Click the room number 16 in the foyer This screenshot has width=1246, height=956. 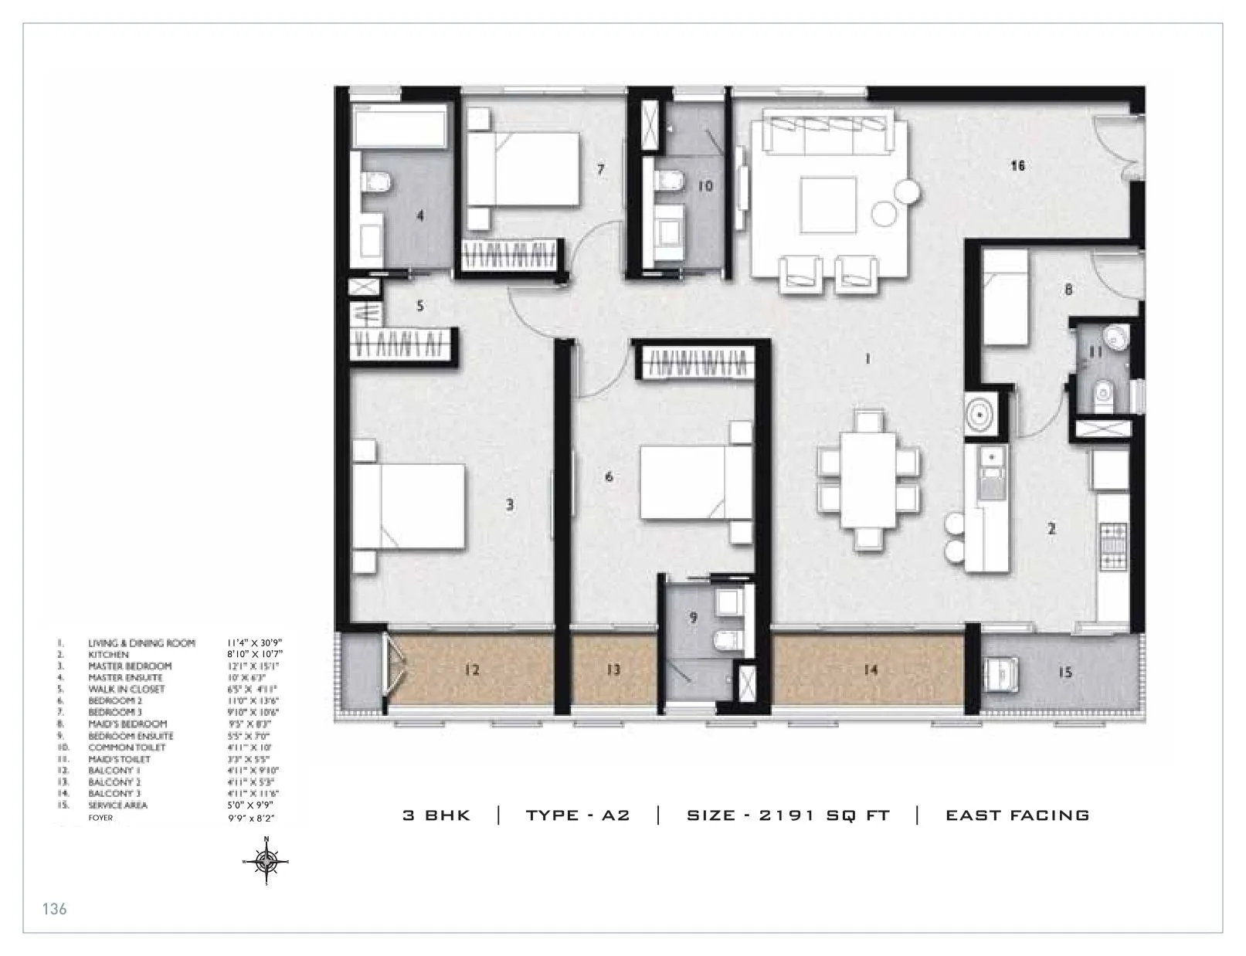pyautogui.click(x=1017, y=165)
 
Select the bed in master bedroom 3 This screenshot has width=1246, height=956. pyautogui.click(x=409, y=506)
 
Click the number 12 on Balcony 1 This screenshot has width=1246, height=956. pyautogui.click(x=472, y=670)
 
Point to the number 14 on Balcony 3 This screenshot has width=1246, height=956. pyautogui.click(x=870, y=670)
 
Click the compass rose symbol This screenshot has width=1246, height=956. pyautogui.click(x=267, y=860)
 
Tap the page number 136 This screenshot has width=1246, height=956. pyautogui.click(x=54, y=909)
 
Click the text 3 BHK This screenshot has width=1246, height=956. pyautogui.click(x=436, y=815)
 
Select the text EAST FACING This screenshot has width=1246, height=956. pyautogui.click(x=1017, y=815)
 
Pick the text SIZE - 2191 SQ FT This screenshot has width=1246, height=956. pyautogui.click(x=788, y=815)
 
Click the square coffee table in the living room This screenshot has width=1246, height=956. pyautogui.click(x=828, y=205)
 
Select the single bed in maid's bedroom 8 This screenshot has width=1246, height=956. pyautogui.click(x=1005, y=297)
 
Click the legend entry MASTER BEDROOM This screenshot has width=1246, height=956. pyautogui.click(x=130, y=666)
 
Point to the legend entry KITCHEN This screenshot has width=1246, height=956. pyautogui.click(x=108, y=654)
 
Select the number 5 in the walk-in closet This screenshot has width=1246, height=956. pyautogui.click(x=420, y=306)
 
